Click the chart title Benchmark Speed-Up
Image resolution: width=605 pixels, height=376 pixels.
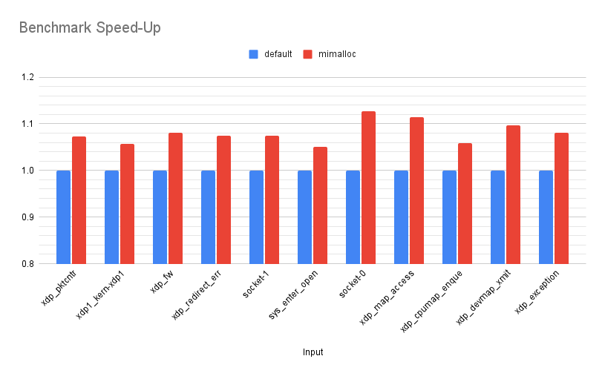(x=90, y=28)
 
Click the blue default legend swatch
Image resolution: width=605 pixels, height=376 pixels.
(x=253, y=54)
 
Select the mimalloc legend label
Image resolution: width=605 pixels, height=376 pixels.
(x=338, y=54)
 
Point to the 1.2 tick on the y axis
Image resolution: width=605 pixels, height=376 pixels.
(x=27, y=77)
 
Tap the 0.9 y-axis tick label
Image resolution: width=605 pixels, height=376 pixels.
(x=27, y=217)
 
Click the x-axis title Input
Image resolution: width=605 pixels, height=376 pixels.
(x=313, y=352)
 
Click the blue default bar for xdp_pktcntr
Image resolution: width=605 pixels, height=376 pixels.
(x=64, y=217)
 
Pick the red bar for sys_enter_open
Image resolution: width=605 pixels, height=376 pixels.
(x=320, y=205)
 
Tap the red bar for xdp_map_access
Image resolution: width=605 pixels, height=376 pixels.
(x=416, y=191)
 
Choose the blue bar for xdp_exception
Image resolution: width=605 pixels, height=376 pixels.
(x=546, y=217)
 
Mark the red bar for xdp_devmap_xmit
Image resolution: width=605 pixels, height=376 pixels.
(x=513, y=194)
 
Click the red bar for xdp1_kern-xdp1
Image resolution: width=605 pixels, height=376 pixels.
(x=127, y=204)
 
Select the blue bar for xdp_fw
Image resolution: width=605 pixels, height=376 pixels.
(x=160, y=217)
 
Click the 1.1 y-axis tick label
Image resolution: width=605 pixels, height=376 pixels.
(x=27, y=124)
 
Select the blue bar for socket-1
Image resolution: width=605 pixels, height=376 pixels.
(x=257, y=217)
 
